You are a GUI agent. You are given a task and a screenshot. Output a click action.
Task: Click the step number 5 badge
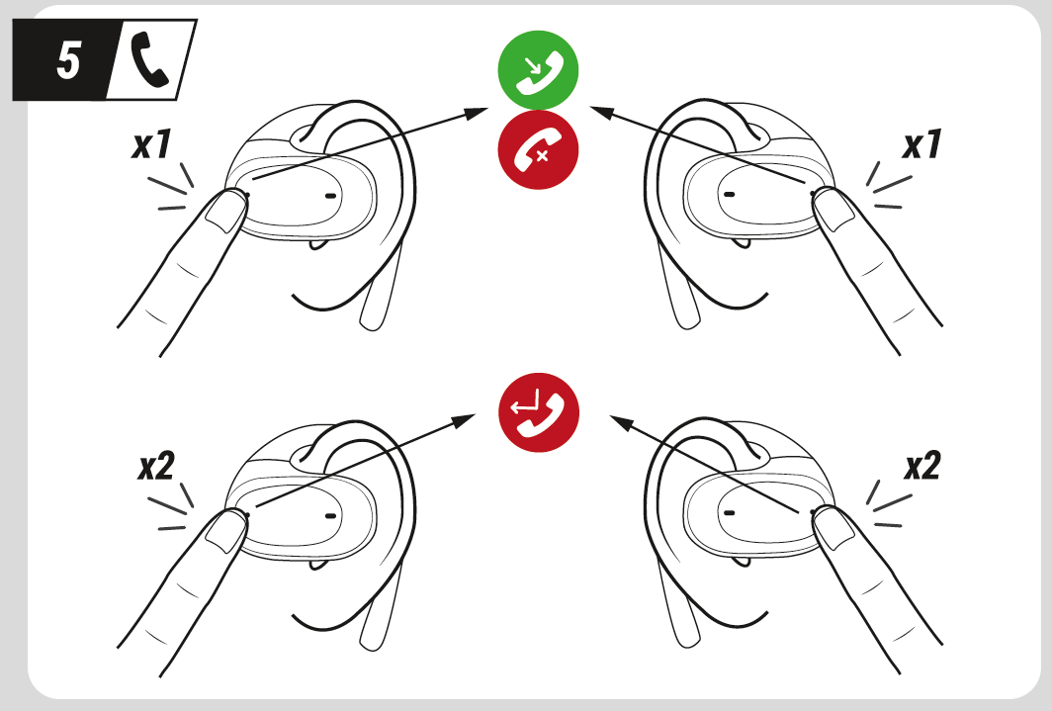pos(67,60)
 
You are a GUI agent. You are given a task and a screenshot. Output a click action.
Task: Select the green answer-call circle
pos(537,72)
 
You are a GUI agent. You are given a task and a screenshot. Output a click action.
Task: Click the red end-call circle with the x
pos(537,150)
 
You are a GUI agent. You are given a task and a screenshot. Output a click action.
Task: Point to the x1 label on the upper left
pos(152,146)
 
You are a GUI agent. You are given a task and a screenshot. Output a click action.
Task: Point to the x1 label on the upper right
pos(920,146)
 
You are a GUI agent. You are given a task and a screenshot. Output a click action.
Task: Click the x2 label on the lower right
pos(920,466)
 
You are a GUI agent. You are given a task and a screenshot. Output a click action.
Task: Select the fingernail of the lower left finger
pos(229,529)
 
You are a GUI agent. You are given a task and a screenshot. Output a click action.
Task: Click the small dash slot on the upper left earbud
pos(329,195)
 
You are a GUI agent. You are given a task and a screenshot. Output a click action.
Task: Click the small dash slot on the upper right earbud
pos(729,195)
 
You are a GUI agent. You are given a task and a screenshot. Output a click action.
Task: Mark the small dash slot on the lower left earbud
pos(329,514)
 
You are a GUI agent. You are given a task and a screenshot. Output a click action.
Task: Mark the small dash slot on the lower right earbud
pos(729,514)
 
